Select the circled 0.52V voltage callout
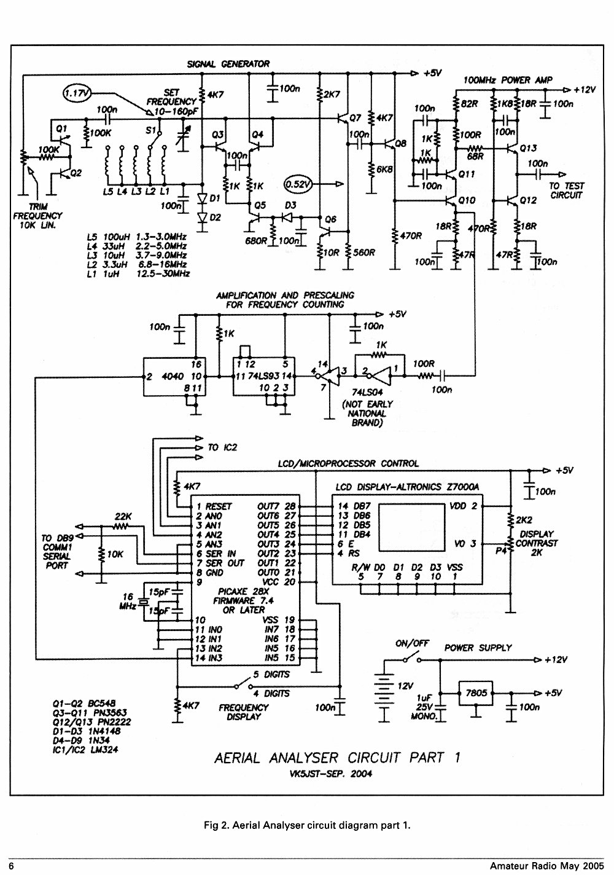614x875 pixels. (298, 184)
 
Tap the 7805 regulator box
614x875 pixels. (475, 693)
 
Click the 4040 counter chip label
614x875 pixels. (173, 376)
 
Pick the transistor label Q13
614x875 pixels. (528, 148)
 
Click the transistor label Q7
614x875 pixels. (355, 117)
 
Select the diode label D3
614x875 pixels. (290, 205)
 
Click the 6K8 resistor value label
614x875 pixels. (384, 170)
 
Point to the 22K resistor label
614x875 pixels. (123, 516)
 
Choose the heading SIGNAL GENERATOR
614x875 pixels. (228, 64)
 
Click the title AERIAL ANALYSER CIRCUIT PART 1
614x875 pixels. (337, 758)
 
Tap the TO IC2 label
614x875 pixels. (222, 447)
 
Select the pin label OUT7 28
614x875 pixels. (276, 506)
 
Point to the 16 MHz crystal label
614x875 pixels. (128, 601)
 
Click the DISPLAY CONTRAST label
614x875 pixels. (537, 539)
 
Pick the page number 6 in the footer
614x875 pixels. (11, 866)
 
